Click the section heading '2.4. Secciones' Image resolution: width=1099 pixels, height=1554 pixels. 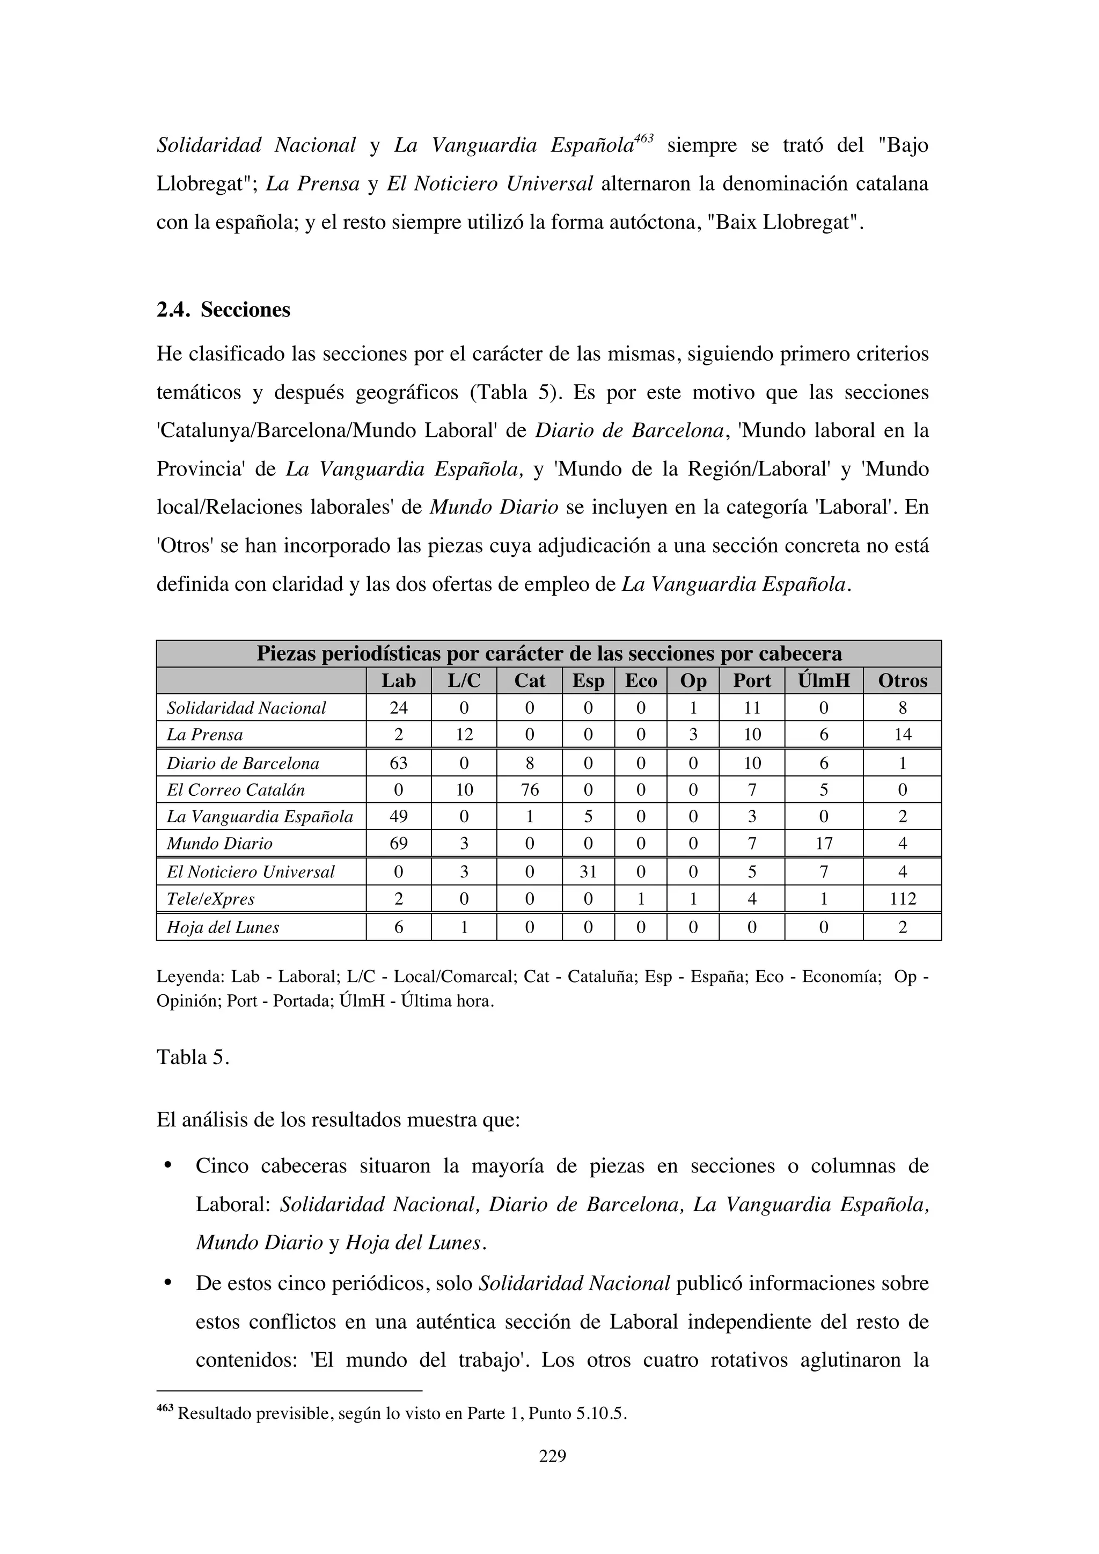pyautogui.click(x=223, y=310)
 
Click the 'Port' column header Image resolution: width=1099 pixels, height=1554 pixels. pyautogui.click(x=751, y=681)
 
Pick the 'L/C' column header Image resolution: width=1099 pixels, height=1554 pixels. pyautogui.click(x=464, y=681)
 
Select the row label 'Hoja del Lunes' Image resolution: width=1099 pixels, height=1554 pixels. pyautogui.click(x=223, y=927)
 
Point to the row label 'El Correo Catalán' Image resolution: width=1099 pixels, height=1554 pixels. pyautogui.click(x=236, y=790)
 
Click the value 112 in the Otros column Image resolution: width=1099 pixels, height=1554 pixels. pyautogui.click(x=902, y=899)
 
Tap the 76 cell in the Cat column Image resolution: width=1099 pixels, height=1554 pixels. pyautogui.click(x=529, y=790)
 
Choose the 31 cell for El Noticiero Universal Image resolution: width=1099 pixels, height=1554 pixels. pyautogui.click(x=588, y=872)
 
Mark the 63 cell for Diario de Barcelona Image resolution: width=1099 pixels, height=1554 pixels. pyautogui.click(x=398, y=764)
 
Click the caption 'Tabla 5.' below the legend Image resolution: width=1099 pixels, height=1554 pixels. pyautogui.click(x=193, y=1057)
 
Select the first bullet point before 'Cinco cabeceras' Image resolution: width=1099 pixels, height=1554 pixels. pyautogui.click(x=166, y=1165)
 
